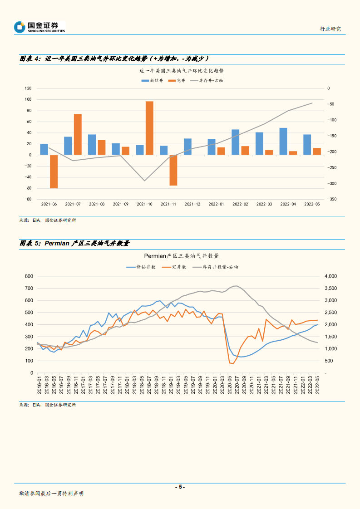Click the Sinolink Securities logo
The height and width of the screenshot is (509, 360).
tap(40, 27)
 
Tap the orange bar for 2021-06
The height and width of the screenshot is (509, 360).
tap(54, 171)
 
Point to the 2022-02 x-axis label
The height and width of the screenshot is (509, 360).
tap(240, 204)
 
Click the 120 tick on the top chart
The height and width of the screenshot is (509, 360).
tap(28, 88)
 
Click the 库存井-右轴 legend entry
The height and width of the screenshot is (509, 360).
tap(207, 80)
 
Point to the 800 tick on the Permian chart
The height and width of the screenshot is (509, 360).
tap(29, 276)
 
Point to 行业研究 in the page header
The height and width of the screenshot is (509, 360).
tap(330, 29)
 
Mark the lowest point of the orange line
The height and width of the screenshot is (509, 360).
tap(232, 363)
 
